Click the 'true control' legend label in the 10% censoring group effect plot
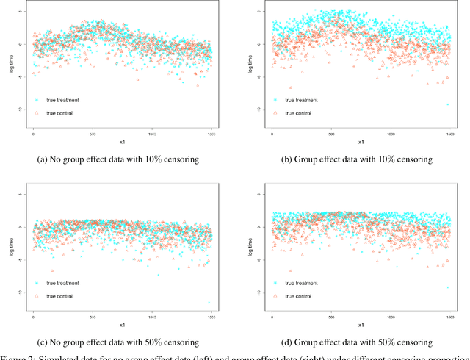coord(298,113)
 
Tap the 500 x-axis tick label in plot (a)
coord(93,134)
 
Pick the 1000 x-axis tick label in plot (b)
coord(391,134)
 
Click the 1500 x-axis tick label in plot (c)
coord(211,316)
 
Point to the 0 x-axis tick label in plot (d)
coord(272,316)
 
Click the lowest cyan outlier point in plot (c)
coord(209,303)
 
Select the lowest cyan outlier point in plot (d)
coord(446,288)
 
